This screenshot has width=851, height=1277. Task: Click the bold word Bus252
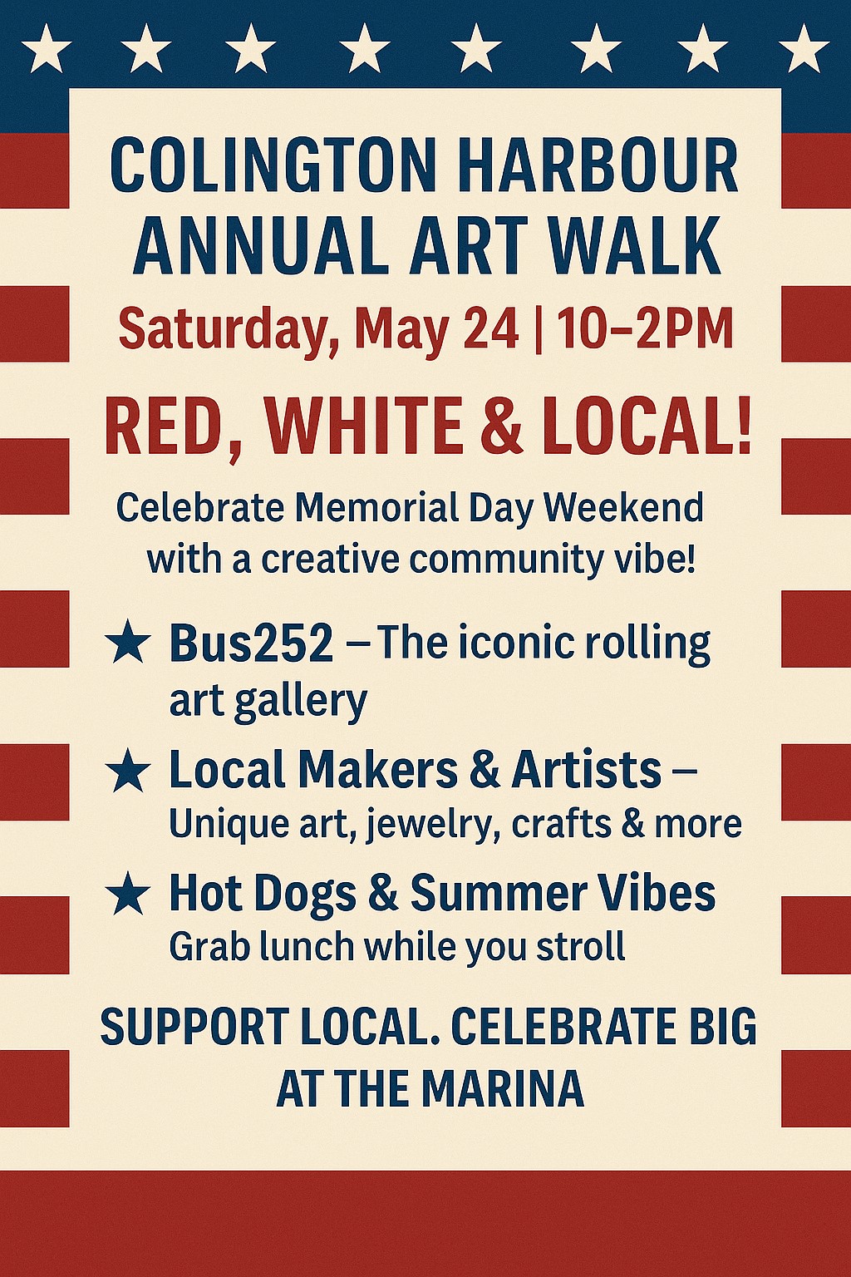pos(251,643)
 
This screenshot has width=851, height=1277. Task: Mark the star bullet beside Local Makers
pos(128,771)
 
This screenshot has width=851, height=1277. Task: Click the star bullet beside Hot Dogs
pos(128,894)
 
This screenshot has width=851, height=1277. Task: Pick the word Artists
pos(587,770)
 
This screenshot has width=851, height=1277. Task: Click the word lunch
pos(307,946)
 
